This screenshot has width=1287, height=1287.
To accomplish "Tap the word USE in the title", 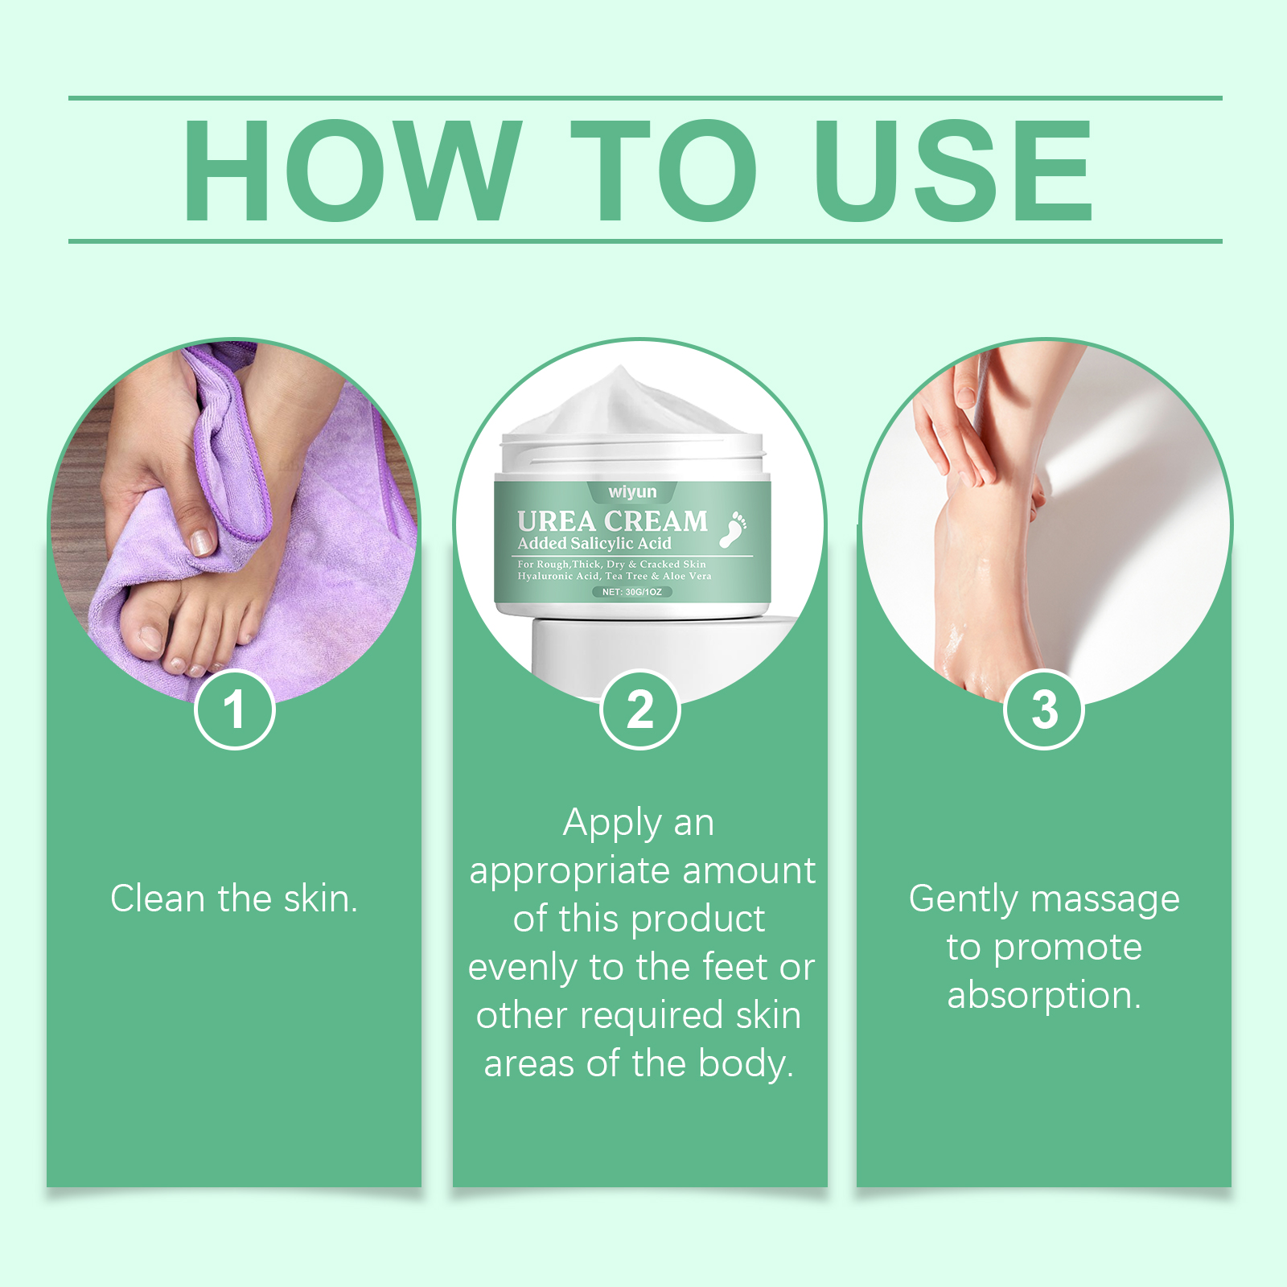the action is [x=954, y=170].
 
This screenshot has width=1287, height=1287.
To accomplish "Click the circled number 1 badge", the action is [x=235, y=709].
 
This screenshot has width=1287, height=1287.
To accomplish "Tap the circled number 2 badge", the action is [x=640, y=709].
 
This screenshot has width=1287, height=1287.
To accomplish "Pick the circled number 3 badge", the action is [x=1044, y=709].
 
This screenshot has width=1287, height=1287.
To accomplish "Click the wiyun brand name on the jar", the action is [x=632, y=491].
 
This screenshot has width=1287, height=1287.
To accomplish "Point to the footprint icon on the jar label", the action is [x=733, y=529].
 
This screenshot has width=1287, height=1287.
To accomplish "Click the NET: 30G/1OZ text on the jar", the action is [x=632, y=592].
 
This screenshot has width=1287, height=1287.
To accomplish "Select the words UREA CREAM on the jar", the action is [x=612, y=521].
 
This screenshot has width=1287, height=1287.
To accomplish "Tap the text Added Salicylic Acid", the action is [x=594, y=544].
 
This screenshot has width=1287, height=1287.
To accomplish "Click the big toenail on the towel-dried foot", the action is [x=149, y=638].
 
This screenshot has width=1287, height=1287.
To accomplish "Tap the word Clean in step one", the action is [x=158, y=898].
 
